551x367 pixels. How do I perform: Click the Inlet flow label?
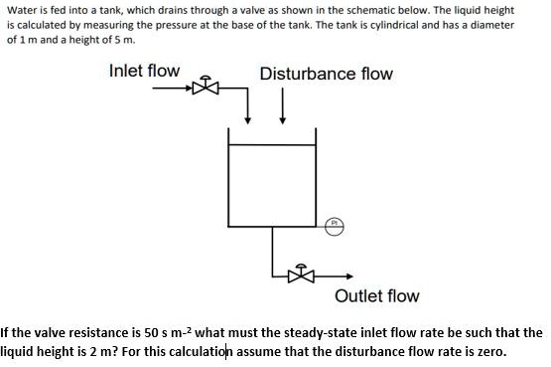[x=144, y=71]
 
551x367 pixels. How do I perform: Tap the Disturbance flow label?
[x=326, y=74]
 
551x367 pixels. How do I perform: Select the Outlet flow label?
[x=377, y=295]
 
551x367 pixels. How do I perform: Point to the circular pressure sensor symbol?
[x=336, y=226]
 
